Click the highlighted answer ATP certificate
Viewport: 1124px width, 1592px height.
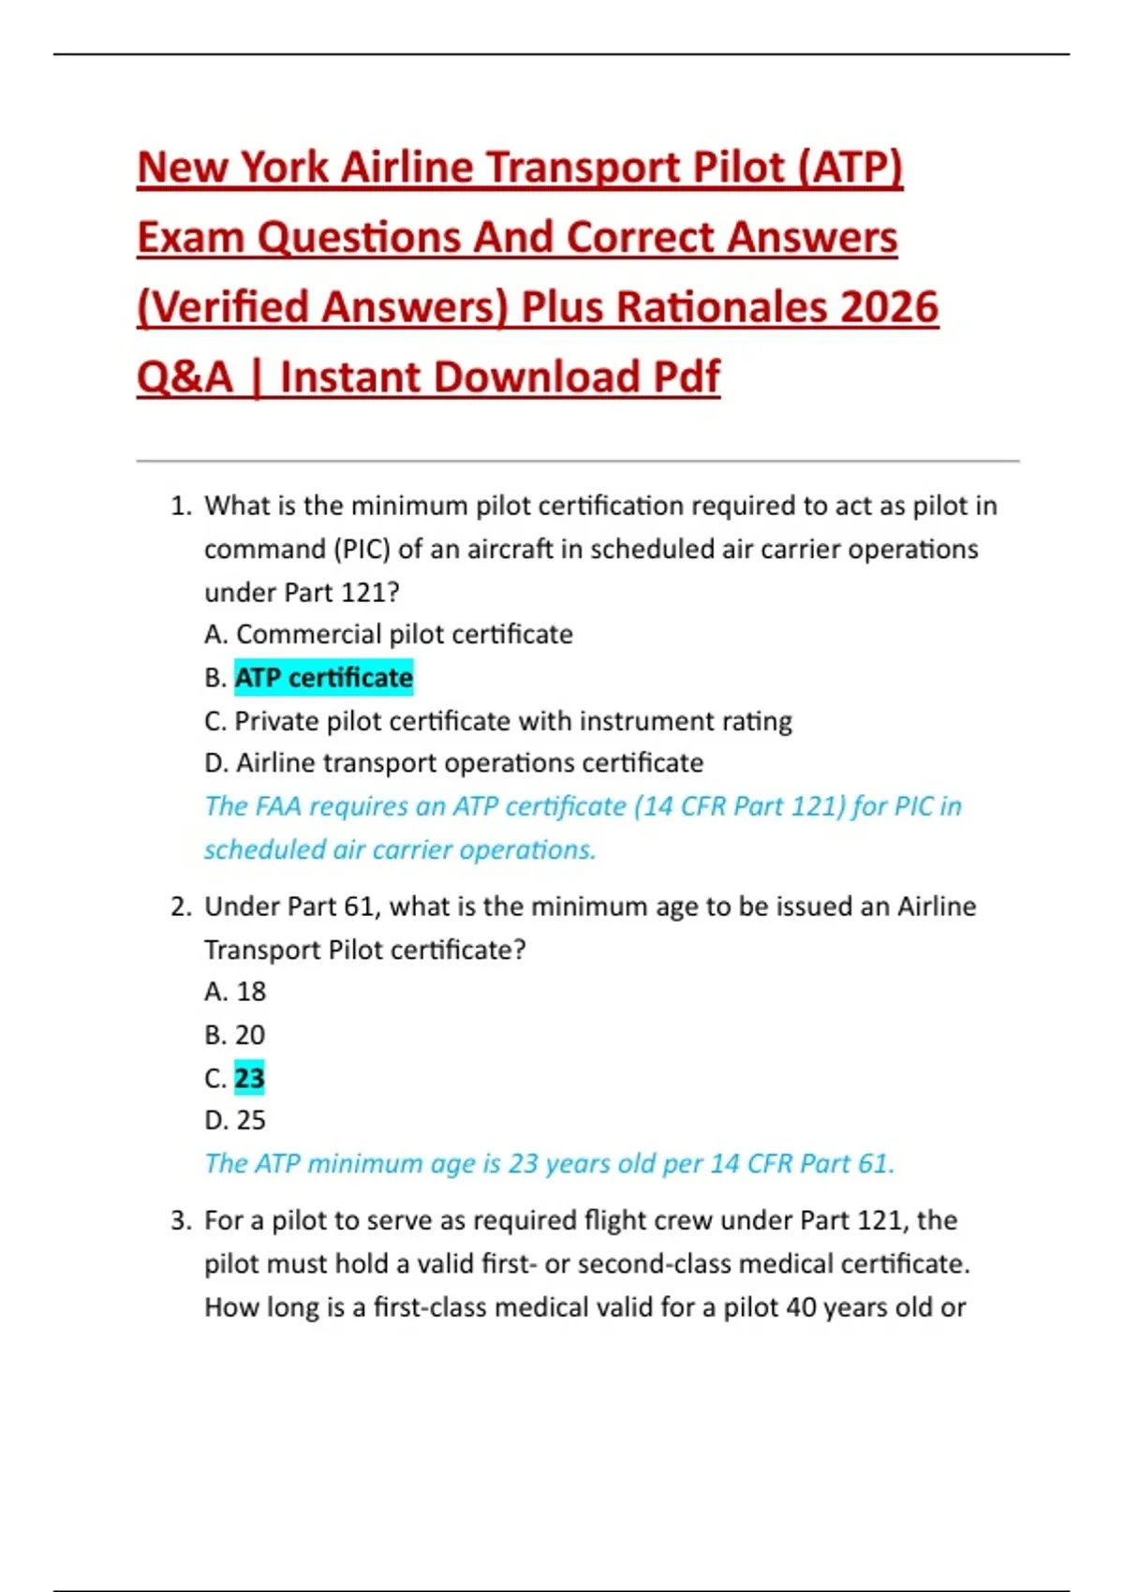click(x=323, y=677)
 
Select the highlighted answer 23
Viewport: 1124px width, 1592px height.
click(x=249, y=1078)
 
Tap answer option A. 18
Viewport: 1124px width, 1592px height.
click(x=235, y=991)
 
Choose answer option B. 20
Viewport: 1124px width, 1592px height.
click(x=235, y=1034)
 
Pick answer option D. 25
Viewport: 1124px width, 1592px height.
click(x=235, y=1120)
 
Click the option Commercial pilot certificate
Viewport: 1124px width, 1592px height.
click(x=404, y=634)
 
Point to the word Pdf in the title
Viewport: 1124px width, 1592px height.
click(x=686, y=377)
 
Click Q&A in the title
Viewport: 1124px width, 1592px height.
click(x=185, y=377)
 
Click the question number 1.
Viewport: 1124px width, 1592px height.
click(x=181, y=506)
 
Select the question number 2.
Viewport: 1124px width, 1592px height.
click(x=181, y=907)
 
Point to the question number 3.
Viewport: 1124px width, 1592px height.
click(x=181, y=1220)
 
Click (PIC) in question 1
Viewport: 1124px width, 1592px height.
click(x=362, y=549)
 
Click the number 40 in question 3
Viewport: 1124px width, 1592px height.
click(x=802, y=1306)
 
